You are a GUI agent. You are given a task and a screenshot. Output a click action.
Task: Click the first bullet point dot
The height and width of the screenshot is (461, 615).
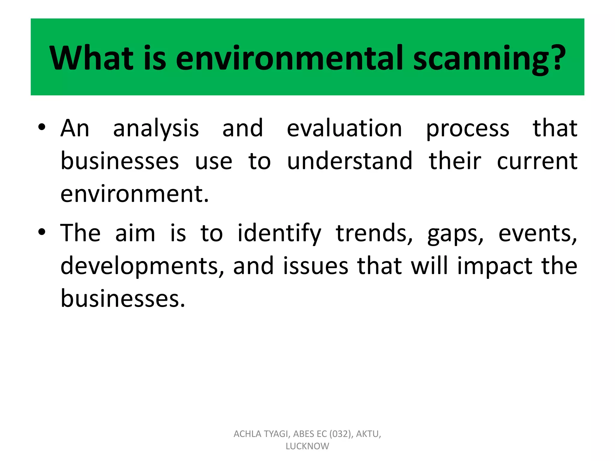point(42,127)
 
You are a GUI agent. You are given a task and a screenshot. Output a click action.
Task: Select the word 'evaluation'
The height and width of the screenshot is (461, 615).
point(344,128)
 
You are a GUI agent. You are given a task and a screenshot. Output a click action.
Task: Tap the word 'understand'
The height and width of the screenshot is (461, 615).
point(350,161)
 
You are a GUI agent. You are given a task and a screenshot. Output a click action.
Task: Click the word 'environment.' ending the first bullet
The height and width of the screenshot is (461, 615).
point(135,194)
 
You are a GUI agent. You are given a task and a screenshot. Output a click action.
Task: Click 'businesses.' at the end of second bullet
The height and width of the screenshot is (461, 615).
point(123,299)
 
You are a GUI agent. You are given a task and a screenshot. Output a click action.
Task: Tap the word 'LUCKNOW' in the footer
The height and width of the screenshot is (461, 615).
point(307,446)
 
